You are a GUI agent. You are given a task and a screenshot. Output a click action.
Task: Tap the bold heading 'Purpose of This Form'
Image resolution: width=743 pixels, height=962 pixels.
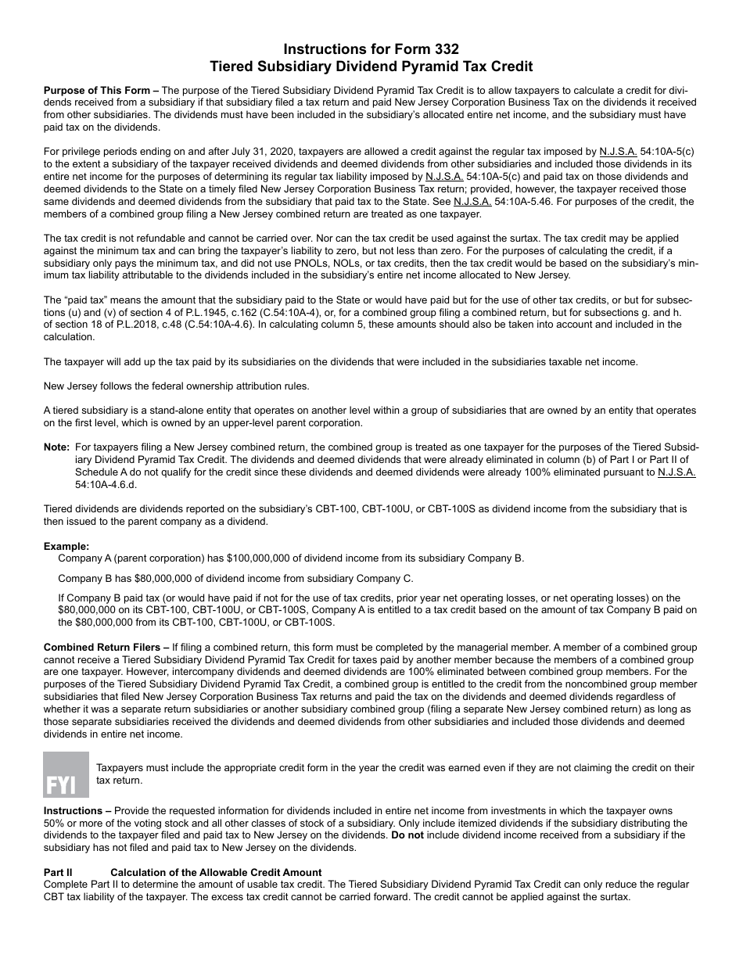[96, 91]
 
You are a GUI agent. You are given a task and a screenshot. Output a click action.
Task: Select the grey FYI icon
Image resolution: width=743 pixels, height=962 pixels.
[66, 774]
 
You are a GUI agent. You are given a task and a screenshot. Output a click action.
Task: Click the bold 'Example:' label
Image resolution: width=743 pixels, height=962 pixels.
[66, 546]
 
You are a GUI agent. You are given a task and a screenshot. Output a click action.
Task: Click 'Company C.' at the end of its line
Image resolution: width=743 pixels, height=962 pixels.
[385, 578]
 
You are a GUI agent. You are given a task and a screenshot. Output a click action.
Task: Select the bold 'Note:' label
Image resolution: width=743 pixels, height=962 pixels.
[56, 448]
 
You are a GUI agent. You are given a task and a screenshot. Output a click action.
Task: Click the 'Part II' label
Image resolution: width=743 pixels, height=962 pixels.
[58, 872]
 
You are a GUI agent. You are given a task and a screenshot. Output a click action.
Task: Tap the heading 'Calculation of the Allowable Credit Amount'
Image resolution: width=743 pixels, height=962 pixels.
[216, 872]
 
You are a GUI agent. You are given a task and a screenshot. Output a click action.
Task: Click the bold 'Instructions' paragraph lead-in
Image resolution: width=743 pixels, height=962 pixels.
[73, 811]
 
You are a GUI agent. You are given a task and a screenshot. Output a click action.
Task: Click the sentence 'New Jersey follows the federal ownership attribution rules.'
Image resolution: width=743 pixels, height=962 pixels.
[177, 386]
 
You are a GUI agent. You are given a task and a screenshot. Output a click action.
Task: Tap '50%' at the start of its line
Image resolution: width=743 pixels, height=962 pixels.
[53, 824]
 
